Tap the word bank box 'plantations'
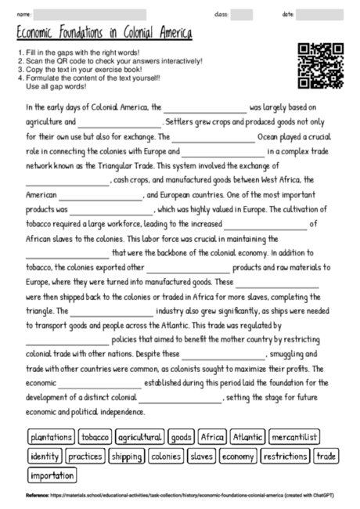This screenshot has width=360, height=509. (51, 437)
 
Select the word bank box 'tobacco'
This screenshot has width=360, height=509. (95, 437)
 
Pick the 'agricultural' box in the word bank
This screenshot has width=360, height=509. (140, 437)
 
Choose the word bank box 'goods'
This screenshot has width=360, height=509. (181, 437)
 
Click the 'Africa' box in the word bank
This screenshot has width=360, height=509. (212, 437)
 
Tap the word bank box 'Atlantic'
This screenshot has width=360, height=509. (249, 437)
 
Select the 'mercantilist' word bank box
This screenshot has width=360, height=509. (301, 437)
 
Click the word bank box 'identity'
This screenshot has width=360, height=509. (45, 456)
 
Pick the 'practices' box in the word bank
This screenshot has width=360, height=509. (85, 456)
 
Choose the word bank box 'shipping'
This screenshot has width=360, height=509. (126, 456)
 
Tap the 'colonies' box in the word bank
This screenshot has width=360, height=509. (166, 456)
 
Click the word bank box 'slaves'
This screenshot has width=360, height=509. (201, 456)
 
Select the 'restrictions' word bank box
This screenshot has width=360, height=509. (285, 456)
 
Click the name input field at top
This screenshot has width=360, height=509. (90, 15)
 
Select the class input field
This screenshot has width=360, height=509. (242, 15)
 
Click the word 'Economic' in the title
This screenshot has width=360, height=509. (40, 35)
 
